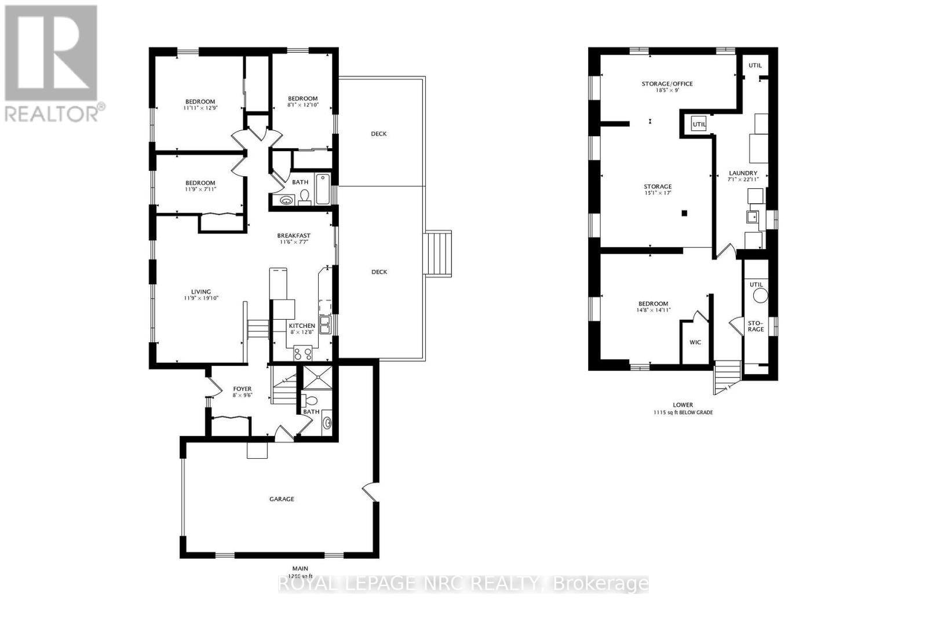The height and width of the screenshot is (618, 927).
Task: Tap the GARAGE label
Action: coord(282,499)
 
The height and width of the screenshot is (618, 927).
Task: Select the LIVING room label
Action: coord(201,291)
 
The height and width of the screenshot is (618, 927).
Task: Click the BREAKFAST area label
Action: coord(294,235)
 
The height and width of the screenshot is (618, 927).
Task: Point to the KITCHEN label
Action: coord(302,326)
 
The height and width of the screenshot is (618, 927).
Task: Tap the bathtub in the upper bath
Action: coord(323,189)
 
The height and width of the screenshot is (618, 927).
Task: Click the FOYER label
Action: coord(242,389)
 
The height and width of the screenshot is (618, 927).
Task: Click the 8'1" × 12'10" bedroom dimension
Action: coord(302,105)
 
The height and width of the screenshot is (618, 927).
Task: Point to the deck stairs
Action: coord(438,253)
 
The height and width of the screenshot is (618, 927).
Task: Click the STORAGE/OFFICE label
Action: coord(667,83)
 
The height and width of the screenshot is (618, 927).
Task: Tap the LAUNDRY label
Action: coord(743,173)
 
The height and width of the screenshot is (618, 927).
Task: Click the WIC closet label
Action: coord(695,342)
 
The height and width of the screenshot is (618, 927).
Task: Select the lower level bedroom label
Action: coord(653,303)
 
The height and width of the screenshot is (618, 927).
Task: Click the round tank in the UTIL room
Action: coord(760,295)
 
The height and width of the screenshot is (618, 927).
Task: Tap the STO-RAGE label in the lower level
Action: coord(756,326)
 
